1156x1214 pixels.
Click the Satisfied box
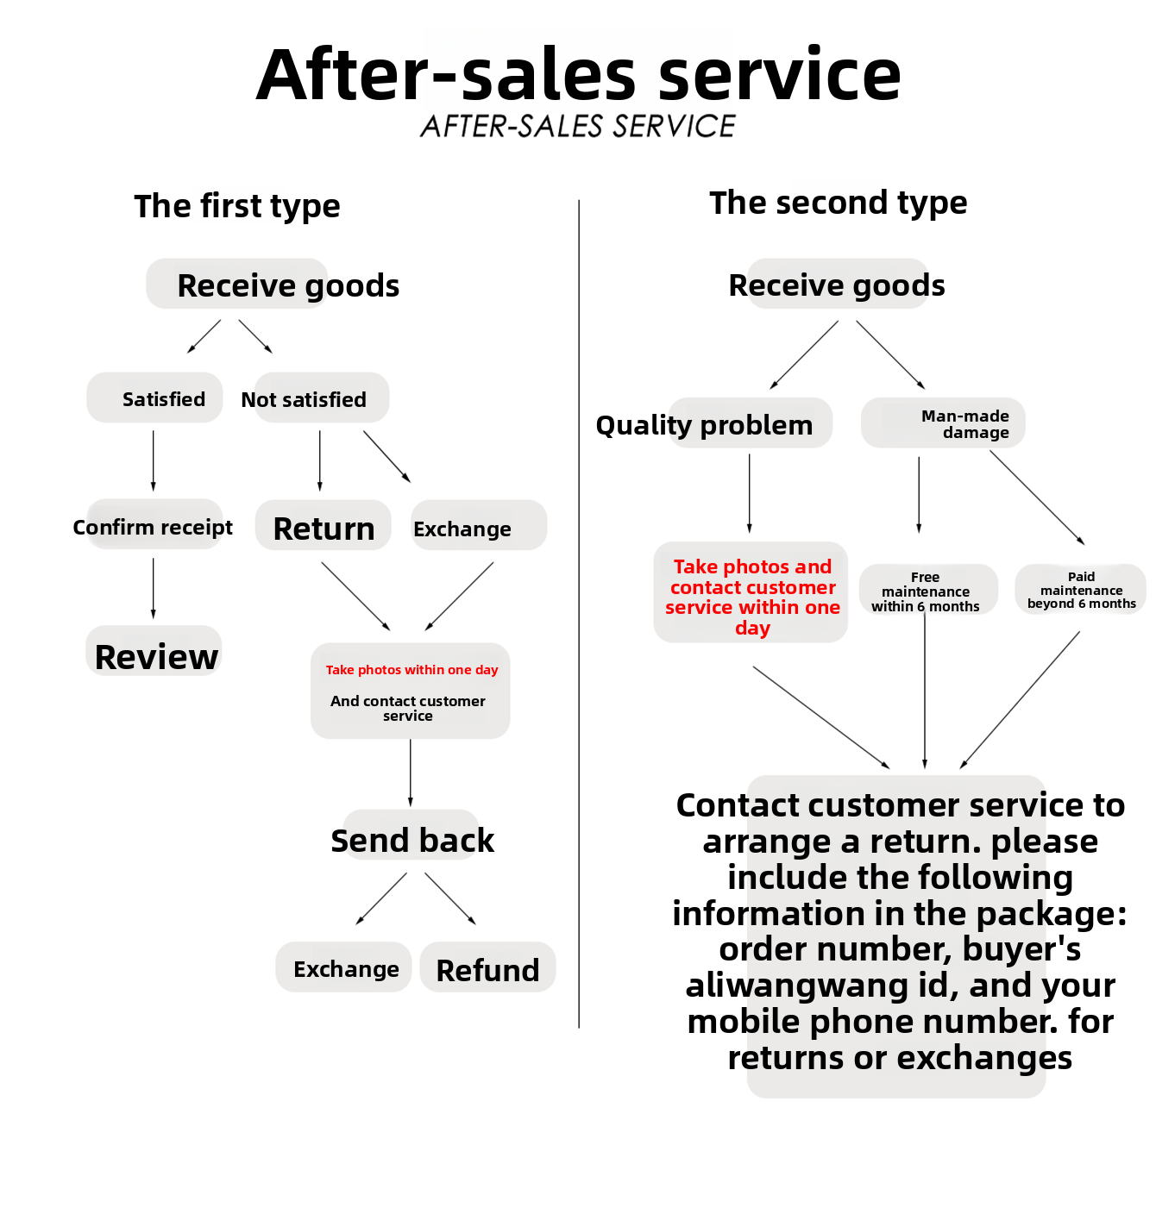(155, 398)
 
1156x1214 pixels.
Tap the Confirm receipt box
(154, 525)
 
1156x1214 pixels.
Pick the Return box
(324, 527)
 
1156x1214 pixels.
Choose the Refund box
(487, 968)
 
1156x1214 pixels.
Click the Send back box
(412, 838)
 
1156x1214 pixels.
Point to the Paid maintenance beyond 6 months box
(1081, 590)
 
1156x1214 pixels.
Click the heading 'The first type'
(237, 206)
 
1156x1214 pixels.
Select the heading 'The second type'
(838, 203)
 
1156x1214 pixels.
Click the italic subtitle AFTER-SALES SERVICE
(578, 127)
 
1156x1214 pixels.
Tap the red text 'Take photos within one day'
(412, 670)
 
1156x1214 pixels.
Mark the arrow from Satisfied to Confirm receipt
(154, 460)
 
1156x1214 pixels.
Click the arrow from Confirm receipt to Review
(154, 588)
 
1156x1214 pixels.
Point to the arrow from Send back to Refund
(449, 898)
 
